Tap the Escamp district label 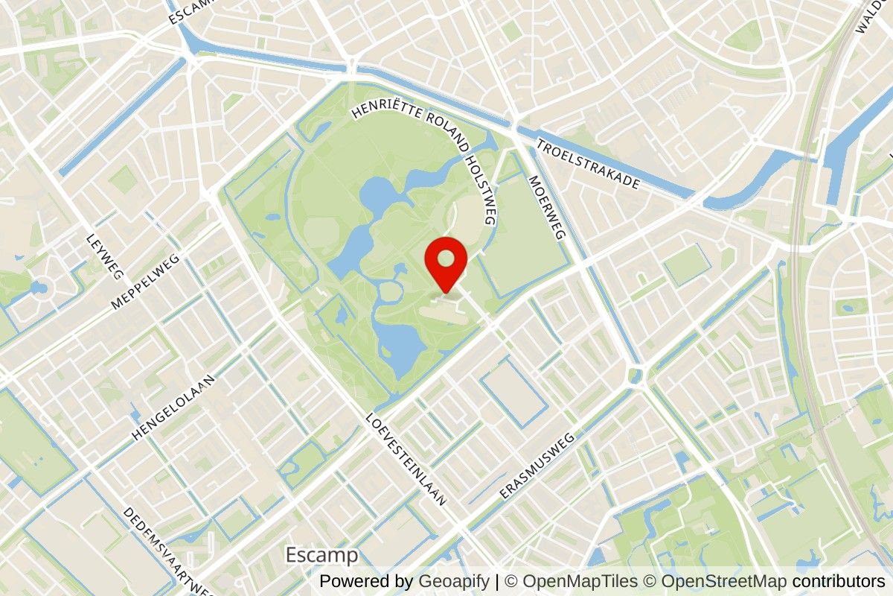(x=322, y=555)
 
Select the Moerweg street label (x=546, y=207)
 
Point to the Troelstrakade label (x=588, y=163)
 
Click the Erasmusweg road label (x=539, y=466)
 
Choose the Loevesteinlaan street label (x=406, y=460)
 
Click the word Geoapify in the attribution (x=454, y=581)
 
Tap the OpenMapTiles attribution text (x=580, y=581)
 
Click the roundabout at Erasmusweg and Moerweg (x=635, y=375)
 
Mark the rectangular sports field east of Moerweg (x=686, y=265)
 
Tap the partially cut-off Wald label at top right (x=871, y=16)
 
